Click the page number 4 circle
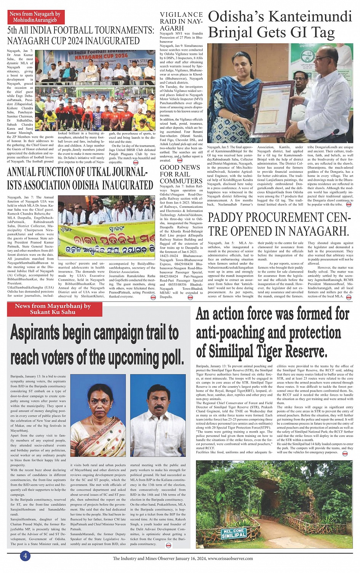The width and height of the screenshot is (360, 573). coord(25,555)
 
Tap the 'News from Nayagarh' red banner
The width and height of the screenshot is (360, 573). coord(35,17)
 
